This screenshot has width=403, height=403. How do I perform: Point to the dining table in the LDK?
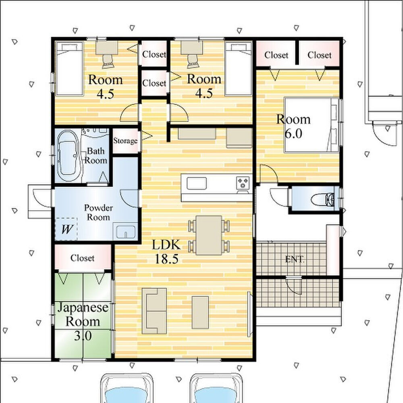coord(209,235)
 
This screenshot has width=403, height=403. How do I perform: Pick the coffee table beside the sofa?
coord(200,313)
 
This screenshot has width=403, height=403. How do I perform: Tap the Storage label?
coord(125,141)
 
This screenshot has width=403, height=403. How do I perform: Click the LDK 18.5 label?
coord(166,251)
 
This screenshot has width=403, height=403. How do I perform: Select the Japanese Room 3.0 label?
coord(83,321)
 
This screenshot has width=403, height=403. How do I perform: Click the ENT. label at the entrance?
coord(295,259)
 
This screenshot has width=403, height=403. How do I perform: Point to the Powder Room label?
coord(98,212)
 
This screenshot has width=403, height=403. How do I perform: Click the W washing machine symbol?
coord(66,229)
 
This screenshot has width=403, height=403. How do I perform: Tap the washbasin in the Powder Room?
coord(126,232)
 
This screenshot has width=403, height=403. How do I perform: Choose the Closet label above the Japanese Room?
coord(82,258)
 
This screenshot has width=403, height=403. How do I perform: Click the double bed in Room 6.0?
coord(312,125)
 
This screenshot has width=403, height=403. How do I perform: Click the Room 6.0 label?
coord(293,126)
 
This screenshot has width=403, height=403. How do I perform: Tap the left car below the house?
coord(126,388)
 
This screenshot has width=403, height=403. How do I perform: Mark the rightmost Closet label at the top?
coord(320,55)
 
